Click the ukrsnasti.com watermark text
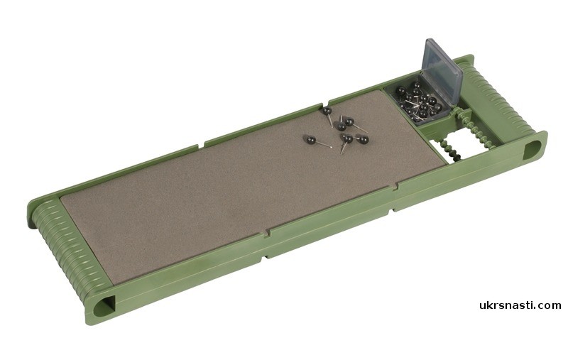coord(520,305)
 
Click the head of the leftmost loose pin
coord(310,138)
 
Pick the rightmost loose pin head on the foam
coord(364,139)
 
